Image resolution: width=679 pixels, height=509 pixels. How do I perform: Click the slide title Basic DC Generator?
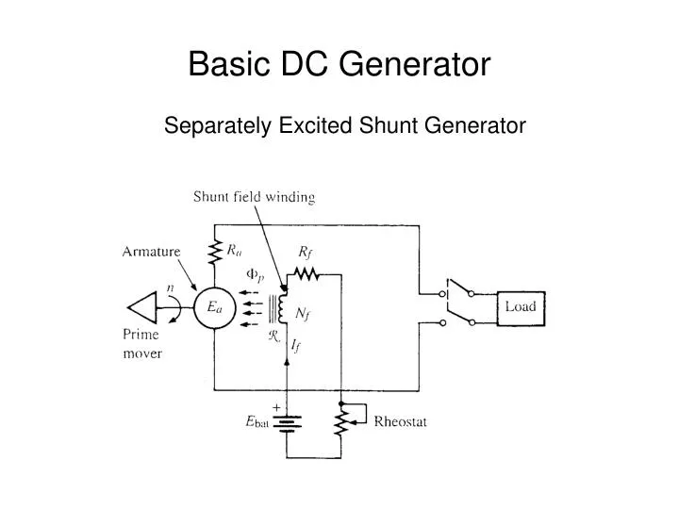pyautogui.click(x=339, y=64)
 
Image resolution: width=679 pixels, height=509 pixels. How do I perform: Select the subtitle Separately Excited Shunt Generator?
pyautogui.click(x=345, y=125)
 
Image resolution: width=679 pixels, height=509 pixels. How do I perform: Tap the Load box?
pyautogui.click(x=521, y=306)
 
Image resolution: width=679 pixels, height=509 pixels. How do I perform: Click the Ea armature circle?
pyautogui.click(x=214, y=307)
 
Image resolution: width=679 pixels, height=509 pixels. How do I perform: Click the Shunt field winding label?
pyautogui.click(x=254, y=197)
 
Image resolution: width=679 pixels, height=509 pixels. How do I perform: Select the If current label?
pyautogui.click(x=295, y=347)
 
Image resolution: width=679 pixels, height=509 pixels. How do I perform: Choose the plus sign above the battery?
pyautogui.click(x=277, y=406)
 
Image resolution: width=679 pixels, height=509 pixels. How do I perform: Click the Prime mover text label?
pyautogui.click(x=142, y=344)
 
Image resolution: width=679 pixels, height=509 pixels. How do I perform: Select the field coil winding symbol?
pyautogui.click(x=282, y=308)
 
